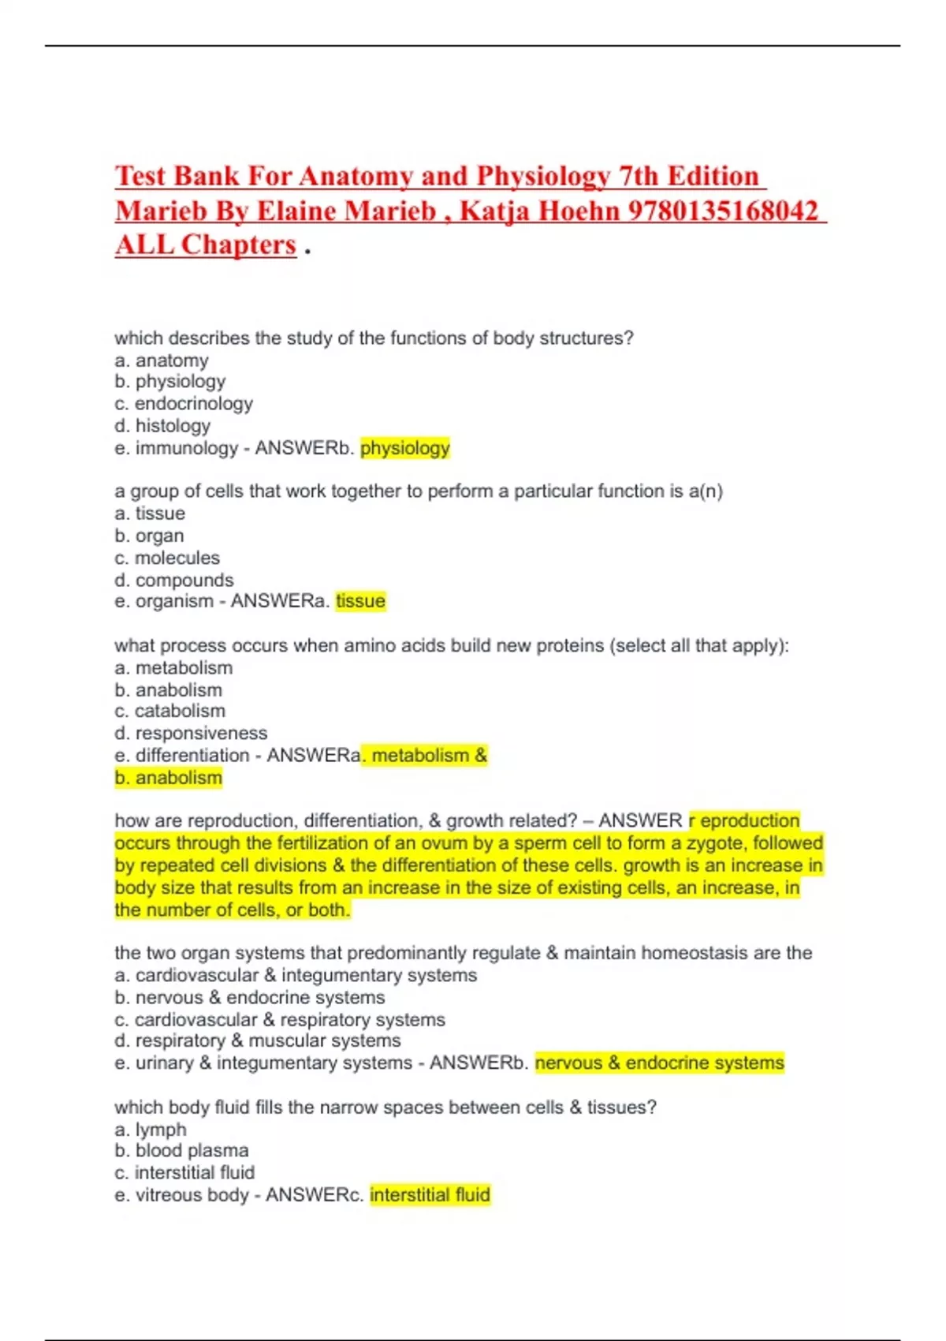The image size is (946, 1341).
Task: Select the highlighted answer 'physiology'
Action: click(405, 448)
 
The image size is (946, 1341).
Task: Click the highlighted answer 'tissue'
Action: click(360, 601)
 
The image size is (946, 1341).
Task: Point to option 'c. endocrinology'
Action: click(184, 404)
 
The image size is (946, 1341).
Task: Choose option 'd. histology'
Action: click(162, 426)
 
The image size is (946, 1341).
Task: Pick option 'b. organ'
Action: click(149, 536)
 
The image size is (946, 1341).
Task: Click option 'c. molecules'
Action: click(167, 558)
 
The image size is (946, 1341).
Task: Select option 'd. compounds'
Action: click(174, 580)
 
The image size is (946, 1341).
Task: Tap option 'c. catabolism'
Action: click(170, 711)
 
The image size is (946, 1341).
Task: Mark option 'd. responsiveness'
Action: click(191, 733)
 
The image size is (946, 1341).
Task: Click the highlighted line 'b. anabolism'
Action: click(169, 778)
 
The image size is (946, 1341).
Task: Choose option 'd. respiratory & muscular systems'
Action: click(258, 1041)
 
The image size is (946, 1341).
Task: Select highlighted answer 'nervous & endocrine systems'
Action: click(660, 1063)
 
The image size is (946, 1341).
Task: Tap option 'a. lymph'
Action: click(151, 1130)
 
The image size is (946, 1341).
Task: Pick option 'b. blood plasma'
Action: click(182, 1151)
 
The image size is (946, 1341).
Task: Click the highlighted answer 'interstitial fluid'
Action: click(430, 1195)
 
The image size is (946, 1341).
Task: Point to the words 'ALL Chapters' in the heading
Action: click(206, 245)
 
